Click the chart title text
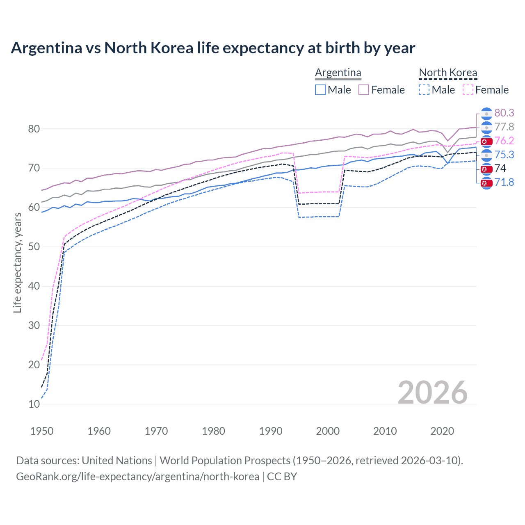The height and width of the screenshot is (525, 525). pyautogui.click(x=213, y=48)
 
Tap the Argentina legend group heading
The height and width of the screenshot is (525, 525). pyautogui.click(x=338, y=73)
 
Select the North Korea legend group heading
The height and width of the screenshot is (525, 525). pyautogui.click(x=448, y=73)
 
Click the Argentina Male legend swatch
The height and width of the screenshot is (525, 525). pyautogui.click(x=320, y=90)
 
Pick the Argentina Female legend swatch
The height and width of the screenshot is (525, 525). pyautogui.click(x=364, y=90)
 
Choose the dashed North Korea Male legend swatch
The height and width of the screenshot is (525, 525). pyautogui.click(x=424, y=90)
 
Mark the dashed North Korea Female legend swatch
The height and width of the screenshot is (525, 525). pyautogui.click(x=468, y=90)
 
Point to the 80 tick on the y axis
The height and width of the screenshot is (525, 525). pyautogui.click(x=34, y=129)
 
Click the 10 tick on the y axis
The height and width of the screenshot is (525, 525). pyautogui.click(x=34, y=404)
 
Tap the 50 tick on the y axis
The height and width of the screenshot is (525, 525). pyautogui.click(x=34, y=247)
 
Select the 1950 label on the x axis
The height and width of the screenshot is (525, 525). pyautogui.click(x=42, y=431)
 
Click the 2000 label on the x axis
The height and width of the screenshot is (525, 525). pyautogui.click(x=328, y=431)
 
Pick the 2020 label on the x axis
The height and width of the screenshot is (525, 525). pyautogui.click(x=442, y=431)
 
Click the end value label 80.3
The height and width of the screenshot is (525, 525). pyautogui.click(x=504, y=113)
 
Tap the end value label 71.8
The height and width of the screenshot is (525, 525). pyautogui.click(x=504, y=183)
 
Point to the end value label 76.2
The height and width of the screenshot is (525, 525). pyautogui.click(x=504, y=141)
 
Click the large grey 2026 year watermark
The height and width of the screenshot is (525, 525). pyautogui.click(x=432, y=393)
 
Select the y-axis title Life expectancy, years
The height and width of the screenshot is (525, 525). pyautogui.click(x=17, y=263)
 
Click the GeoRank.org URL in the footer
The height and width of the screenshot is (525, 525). pyautogui.click(x=137, y=477)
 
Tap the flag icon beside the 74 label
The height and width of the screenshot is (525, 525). pyautogui.click(x=486, y=169)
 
